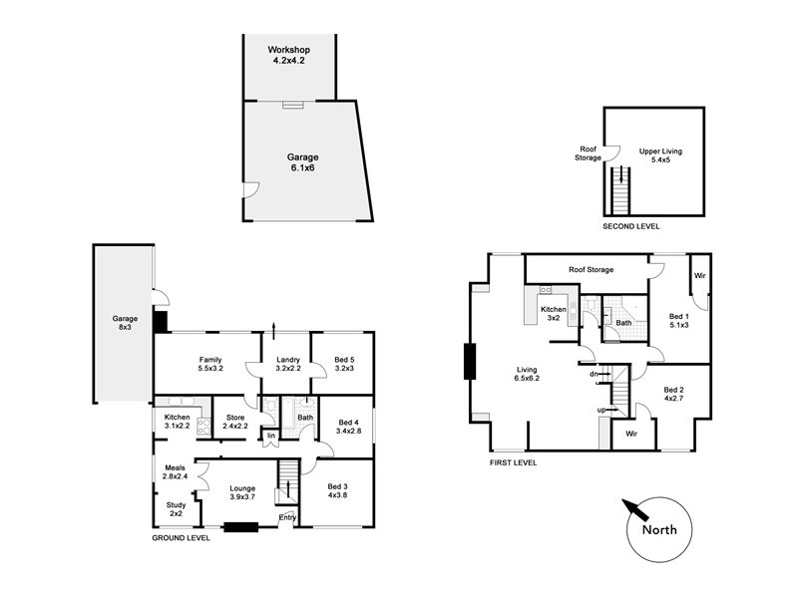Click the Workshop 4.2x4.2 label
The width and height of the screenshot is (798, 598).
289,55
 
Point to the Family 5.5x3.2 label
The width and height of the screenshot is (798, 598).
209,364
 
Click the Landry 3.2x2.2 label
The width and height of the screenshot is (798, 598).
288,364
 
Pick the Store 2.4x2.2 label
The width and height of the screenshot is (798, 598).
235,422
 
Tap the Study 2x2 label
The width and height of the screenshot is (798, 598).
176,508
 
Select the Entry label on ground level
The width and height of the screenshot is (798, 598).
287,516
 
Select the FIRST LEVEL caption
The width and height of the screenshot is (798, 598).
514,463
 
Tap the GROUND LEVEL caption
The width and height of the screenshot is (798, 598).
181,538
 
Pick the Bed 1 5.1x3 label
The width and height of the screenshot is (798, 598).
680,321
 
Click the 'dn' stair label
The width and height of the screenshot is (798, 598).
594,374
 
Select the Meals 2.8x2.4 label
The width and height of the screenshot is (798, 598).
176,470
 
